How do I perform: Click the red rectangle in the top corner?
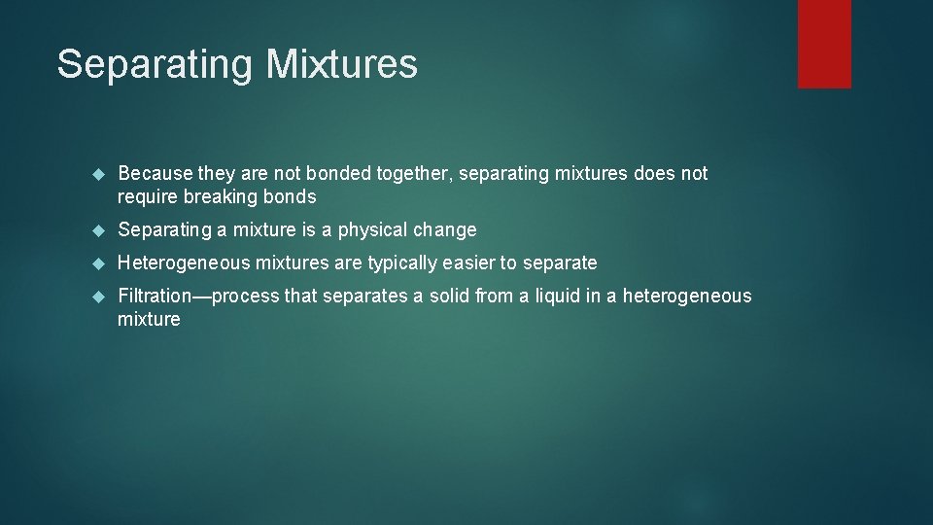pyautogui.click(x=824, y=43)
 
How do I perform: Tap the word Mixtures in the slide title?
pyautogui.click(x=342, y=64)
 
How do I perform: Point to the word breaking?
pyautogui.click(x=219, y=197)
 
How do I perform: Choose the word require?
pyautogui.click(x=147, y=197)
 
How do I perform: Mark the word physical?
pyautogui.click(x=373, y=230)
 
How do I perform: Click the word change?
pyautogui.click(x=445, y=230)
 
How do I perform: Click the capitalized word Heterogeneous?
pyautogui.click(x=184, y=263)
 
